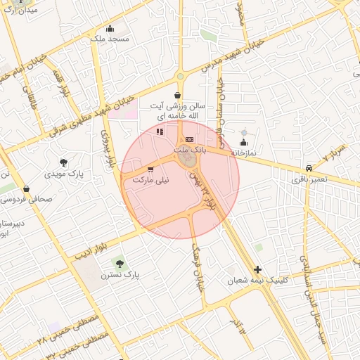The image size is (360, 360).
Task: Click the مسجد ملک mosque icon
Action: point(110,28)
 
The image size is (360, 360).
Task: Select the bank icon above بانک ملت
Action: point(188,140)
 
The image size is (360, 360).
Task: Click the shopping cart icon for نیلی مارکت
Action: point(150,170)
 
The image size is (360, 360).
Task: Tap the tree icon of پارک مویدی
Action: point(65,162)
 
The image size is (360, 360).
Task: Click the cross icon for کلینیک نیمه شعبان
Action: point(257,269)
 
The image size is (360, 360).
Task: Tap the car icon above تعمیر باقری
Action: point(309,169)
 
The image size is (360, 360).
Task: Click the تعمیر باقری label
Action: point(309,180)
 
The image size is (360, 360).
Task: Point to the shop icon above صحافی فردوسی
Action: point(26,188)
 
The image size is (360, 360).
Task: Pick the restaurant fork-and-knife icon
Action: point(160,131)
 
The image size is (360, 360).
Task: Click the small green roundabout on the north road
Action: point(180,77)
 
